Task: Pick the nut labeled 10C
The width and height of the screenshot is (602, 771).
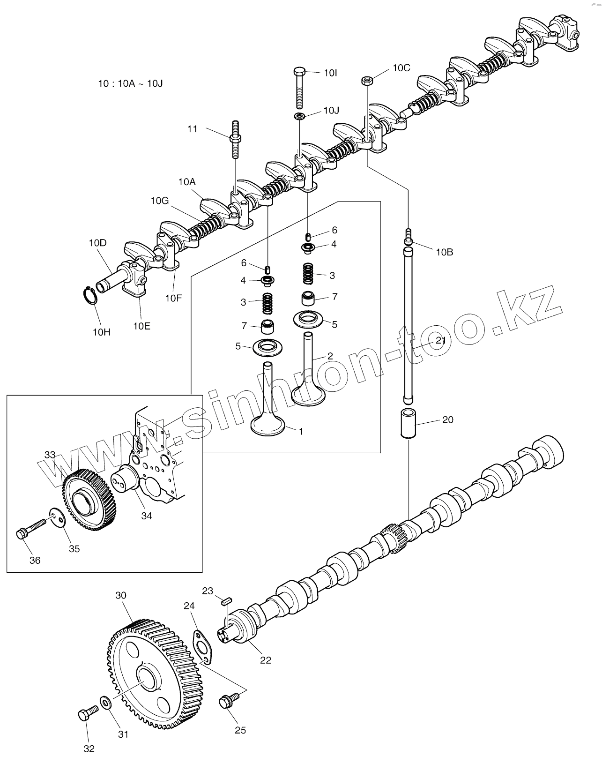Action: (x=367, y=81)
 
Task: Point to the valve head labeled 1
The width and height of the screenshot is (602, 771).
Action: (x=268, y=424)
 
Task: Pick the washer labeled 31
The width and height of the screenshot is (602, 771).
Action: (x=106, y=703)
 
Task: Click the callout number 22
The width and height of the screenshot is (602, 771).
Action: (x=266, y=660)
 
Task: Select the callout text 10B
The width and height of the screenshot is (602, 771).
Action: (x=444, y=252)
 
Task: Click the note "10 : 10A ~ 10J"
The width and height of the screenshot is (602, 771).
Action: (x=130, y=84)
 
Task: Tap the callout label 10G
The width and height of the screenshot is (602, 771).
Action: (x=159, y=201)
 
